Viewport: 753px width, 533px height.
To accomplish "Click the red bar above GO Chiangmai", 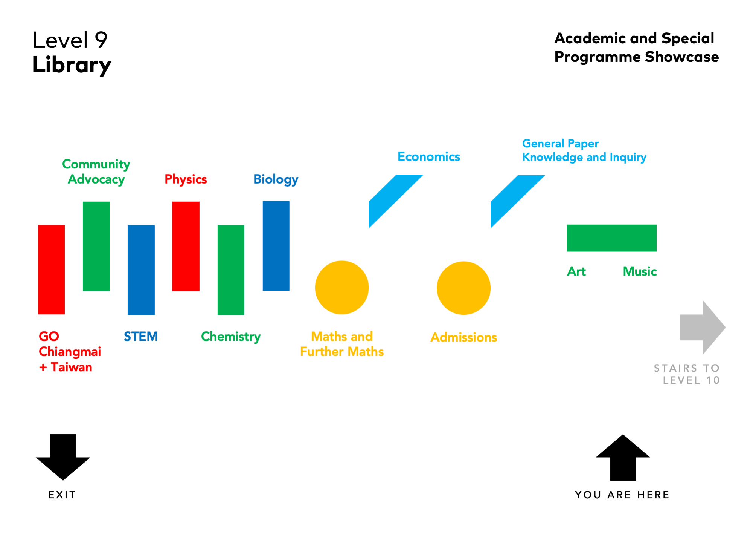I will (x=51, y=270).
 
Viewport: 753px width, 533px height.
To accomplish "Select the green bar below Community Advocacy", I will (x=96, y=246).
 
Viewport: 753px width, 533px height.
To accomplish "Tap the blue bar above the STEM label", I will (x=141, y=270).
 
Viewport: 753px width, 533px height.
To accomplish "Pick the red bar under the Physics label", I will (x=186, y=246).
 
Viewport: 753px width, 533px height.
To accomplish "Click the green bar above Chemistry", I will (x=231, y=270).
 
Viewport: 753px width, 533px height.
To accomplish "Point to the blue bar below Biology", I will (x=276, y=246).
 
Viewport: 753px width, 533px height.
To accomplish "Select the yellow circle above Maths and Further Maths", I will (x=342, y=288).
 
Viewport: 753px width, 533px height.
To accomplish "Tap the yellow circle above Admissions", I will (x=463, y=288).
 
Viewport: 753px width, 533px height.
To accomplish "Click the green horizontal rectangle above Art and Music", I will (x=612, y=238).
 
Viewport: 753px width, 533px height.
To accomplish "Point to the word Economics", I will (x=429, y=157).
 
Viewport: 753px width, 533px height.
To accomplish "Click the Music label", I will (x=640, y=271).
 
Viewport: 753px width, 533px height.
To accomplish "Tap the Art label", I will (x=576, y=271).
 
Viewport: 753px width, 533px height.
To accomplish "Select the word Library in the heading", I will (x=72, y=65).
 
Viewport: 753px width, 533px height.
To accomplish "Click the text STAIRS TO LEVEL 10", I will (x=687, y=374).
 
